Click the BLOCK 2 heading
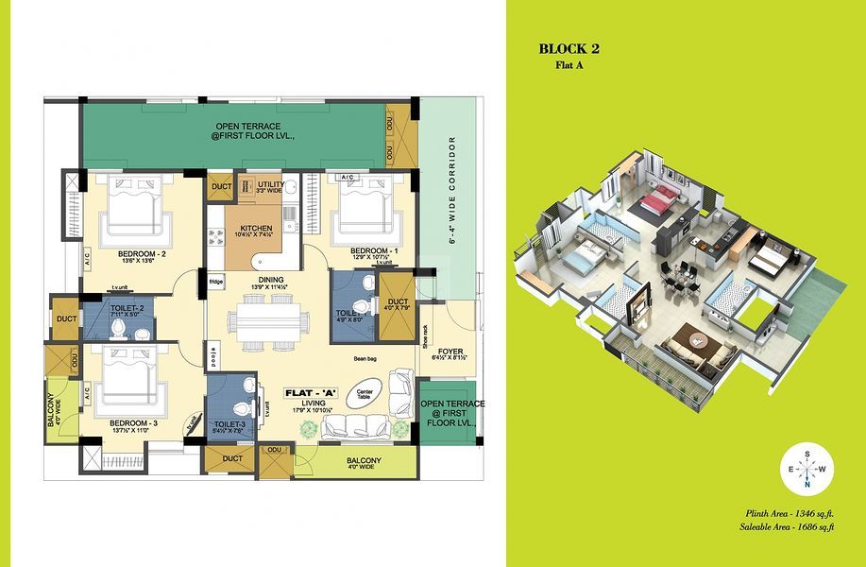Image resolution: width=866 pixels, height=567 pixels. point(569,48)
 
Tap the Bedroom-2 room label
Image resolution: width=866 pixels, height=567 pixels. point(143,255)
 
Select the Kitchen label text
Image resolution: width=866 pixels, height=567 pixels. point(257,230)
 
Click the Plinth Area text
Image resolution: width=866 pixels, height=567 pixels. point(790,512)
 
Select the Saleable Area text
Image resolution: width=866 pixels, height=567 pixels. point(787,525)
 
